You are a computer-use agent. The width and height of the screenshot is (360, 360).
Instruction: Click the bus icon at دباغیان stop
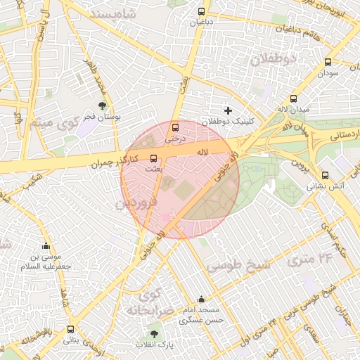(202, 12)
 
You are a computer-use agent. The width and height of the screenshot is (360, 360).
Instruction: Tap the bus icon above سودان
(328, 63)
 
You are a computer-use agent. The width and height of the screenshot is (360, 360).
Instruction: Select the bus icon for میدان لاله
(293, 99)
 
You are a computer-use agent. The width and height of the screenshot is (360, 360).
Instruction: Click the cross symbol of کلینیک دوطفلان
(228, 110)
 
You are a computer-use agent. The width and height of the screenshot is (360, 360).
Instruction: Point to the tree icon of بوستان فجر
(103, 106)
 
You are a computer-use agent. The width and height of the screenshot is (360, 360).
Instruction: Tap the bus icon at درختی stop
(175, 127)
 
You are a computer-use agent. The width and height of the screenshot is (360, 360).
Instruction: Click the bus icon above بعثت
(154, 158)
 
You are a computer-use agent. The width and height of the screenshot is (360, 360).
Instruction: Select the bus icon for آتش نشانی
(324, 175)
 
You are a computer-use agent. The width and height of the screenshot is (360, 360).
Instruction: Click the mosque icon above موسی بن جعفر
(46, 246)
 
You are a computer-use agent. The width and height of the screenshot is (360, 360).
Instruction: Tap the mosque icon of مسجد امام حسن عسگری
(201, 299)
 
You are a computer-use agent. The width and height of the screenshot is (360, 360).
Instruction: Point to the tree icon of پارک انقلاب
(154, 333)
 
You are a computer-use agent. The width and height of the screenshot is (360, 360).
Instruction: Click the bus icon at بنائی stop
(70, 329)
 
